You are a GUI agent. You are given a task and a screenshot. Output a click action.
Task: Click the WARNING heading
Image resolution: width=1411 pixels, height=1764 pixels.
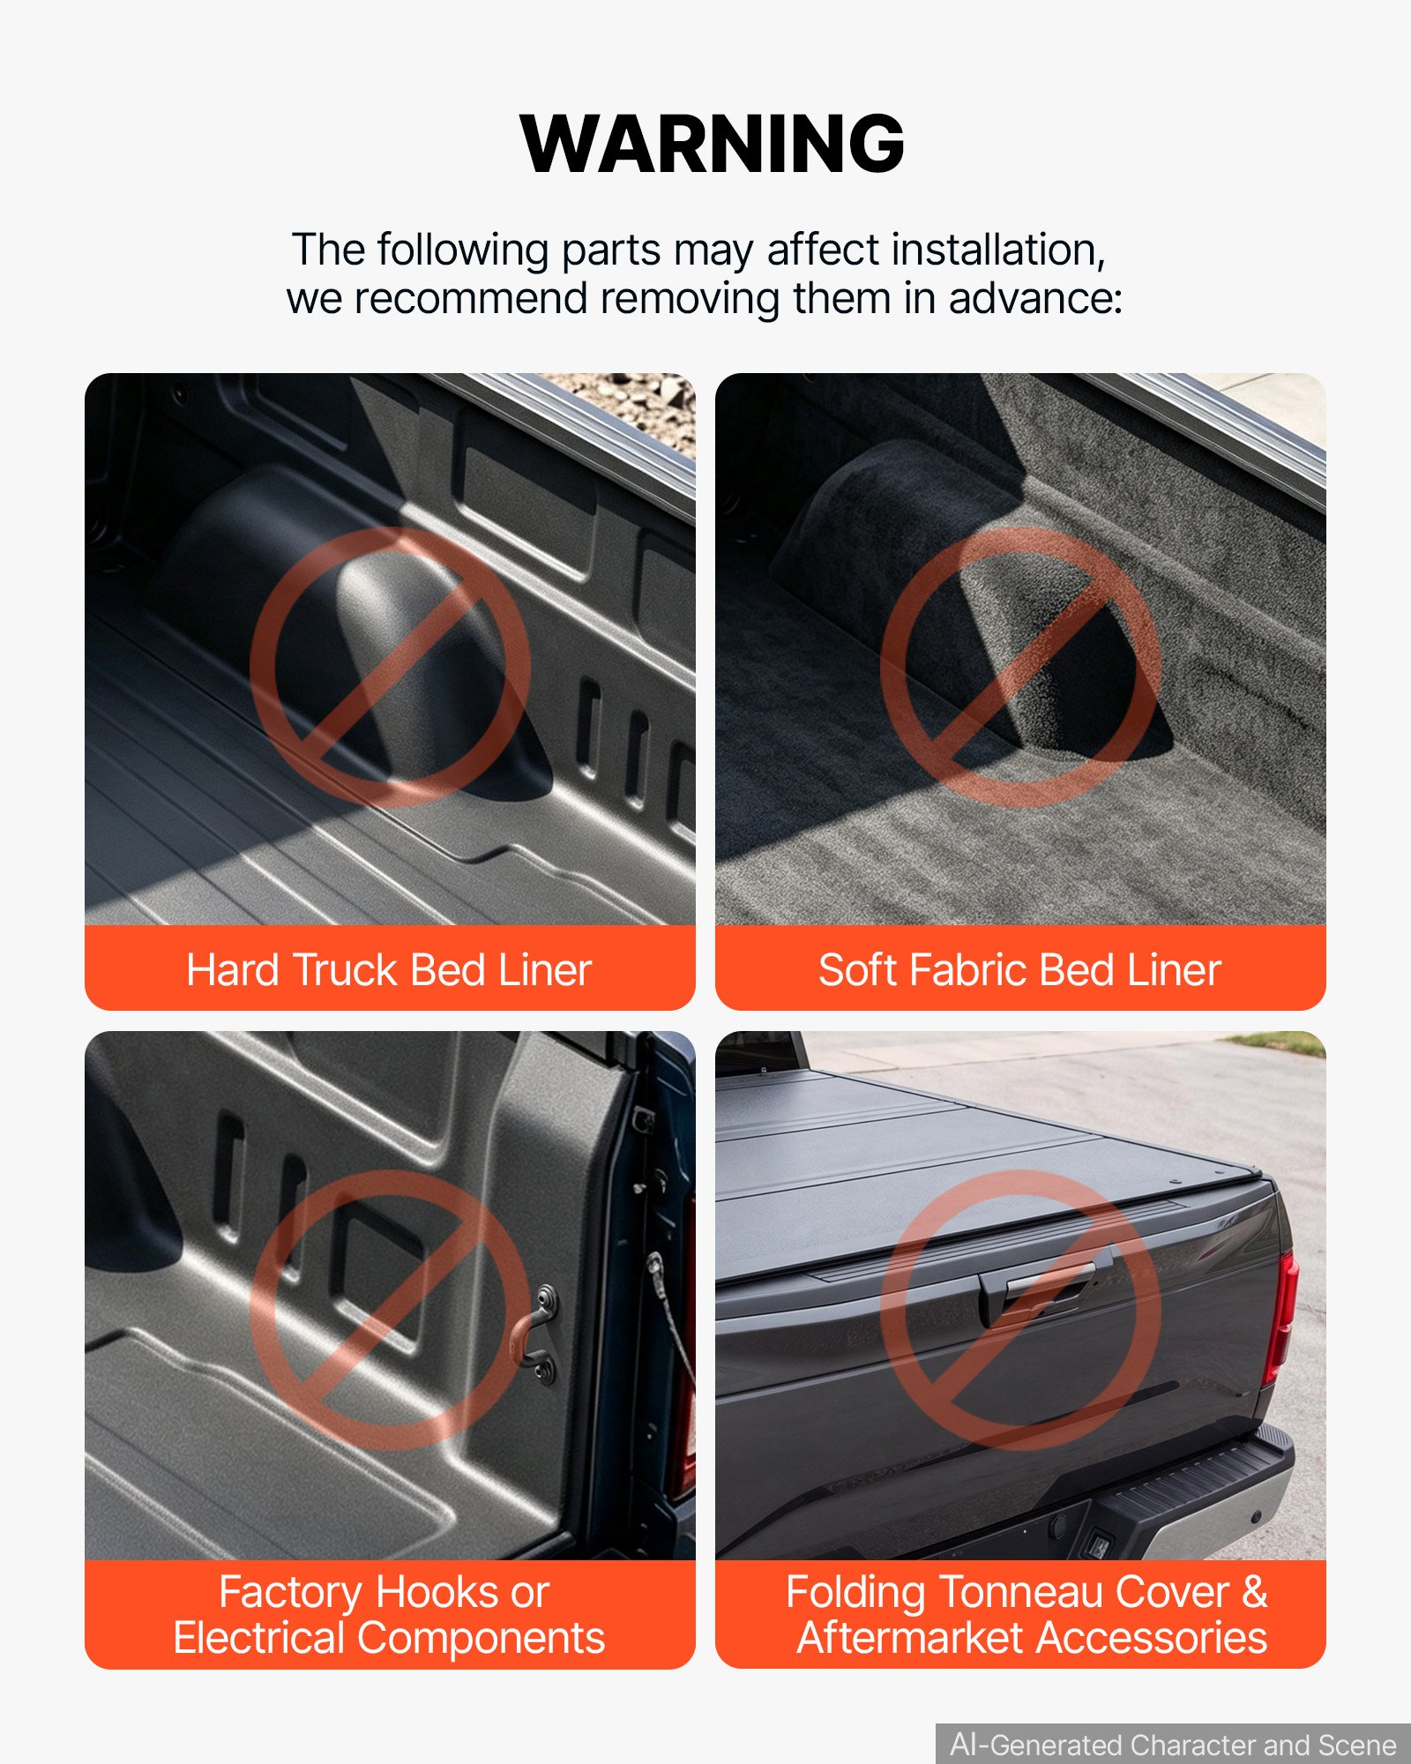click(713, 144)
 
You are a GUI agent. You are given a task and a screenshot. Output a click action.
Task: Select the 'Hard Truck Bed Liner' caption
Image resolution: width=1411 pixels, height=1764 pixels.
click(389, 970)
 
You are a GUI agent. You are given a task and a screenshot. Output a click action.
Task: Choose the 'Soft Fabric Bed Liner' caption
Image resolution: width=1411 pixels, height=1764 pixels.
click(1019, 970)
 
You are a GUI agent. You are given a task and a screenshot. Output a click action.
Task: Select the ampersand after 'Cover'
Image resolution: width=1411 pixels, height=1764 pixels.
click(1254, 1593)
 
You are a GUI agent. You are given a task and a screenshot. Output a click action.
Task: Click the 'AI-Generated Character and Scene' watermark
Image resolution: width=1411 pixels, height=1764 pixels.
click(1173, 1745)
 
